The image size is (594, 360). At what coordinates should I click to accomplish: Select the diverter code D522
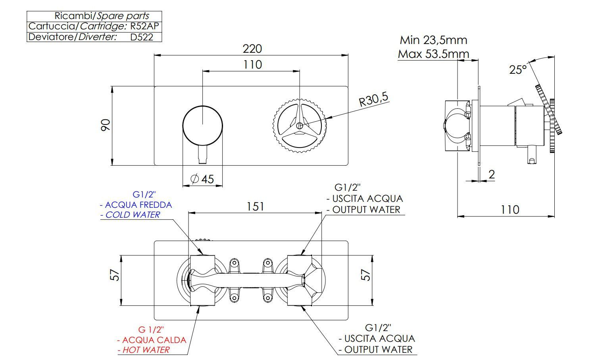point(141,37)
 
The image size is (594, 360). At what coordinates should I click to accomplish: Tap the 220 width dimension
point(252,48)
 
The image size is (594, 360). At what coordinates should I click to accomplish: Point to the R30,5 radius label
point(373,99)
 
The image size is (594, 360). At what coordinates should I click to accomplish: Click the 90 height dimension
point(106,125)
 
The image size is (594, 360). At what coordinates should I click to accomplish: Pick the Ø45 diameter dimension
point(202,179)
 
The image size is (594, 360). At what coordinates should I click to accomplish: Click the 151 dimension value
point(255,207)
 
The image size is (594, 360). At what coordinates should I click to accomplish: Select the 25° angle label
point(518,70)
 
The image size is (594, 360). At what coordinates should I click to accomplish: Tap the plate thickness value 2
point(492,174)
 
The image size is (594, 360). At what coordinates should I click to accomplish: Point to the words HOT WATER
point(146,350)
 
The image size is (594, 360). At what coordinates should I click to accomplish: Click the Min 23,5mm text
point(433,40)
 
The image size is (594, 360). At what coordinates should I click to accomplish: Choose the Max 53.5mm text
point(433,54)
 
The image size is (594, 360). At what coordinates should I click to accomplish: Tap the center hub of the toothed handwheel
point(300,125)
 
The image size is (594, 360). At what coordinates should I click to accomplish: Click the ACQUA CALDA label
point(154,340)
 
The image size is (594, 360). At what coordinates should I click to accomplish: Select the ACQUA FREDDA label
point(138,205)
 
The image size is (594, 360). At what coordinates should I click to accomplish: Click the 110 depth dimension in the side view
point(509,209)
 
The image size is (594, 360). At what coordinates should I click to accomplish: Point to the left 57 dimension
point(115,275)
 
